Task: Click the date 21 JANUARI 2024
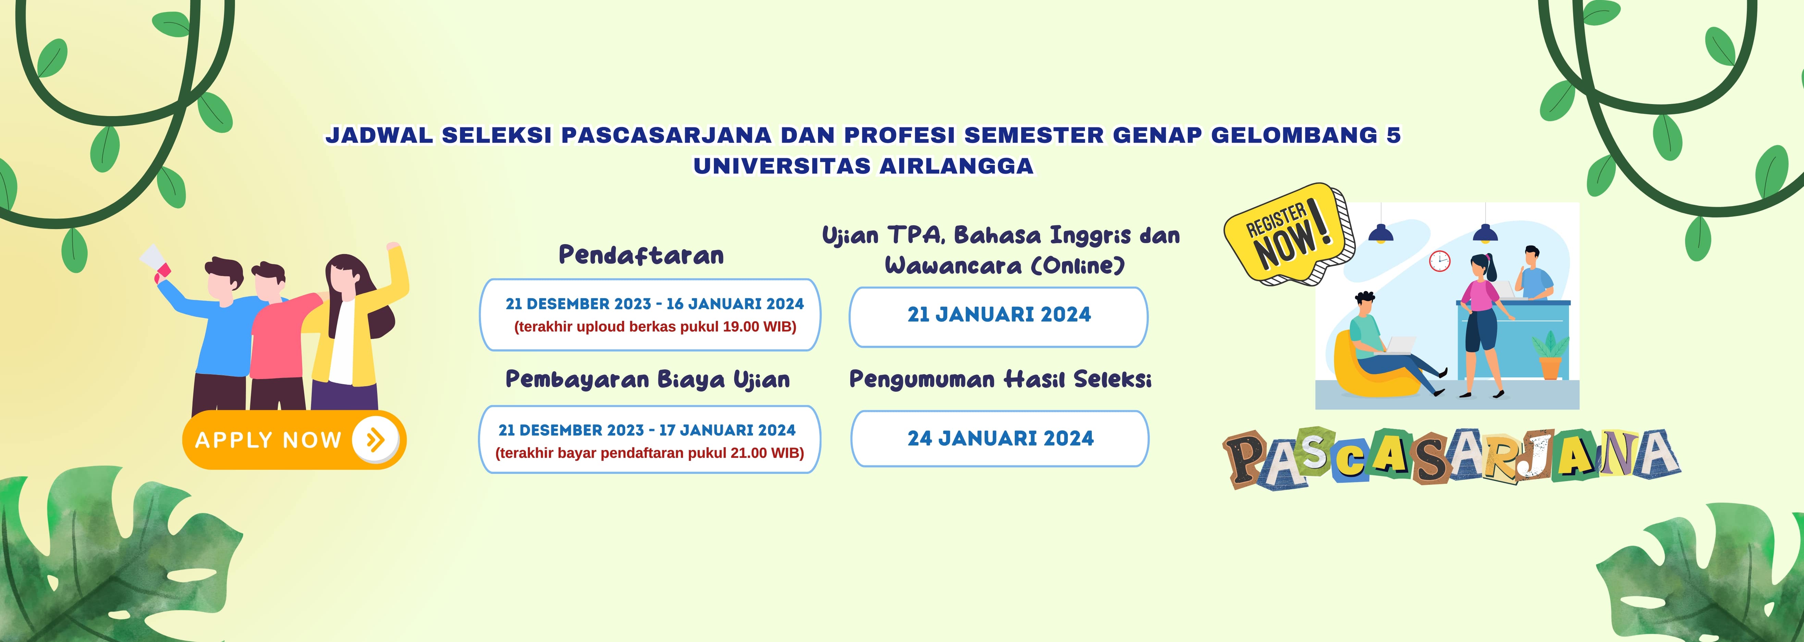[x=999, y=315]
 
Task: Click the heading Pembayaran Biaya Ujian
[x=648, y=379]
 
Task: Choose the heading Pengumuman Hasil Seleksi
[x=1000, y=379]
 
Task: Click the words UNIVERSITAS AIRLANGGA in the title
[x=864, y=166]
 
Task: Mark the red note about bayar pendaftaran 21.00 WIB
[x=649, y=453]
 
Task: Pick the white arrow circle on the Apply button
[x=375, y=440]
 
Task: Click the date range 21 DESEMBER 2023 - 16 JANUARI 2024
[x=655, y=304]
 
